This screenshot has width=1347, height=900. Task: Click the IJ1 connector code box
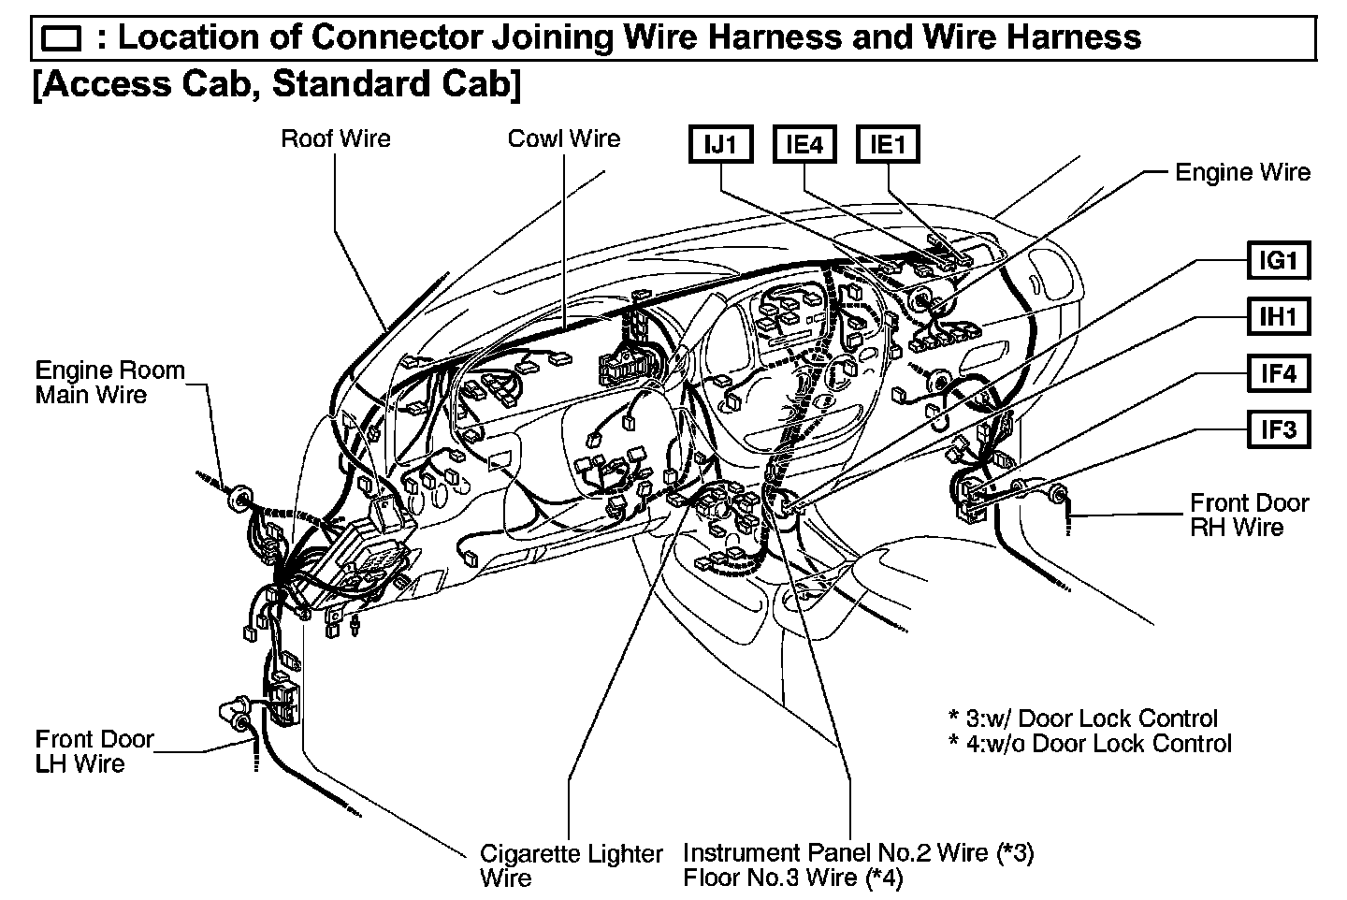(x=721, y=145)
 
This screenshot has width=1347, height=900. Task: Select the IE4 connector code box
(x=804, y=145)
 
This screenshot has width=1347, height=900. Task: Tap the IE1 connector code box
(x=887, y=145)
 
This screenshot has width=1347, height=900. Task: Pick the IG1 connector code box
(x=1279, y=260)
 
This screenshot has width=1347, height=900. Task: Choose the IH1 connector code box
(x=1279, y=317)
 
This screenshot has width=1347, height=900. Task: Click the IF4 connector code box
(x=1279, y=374)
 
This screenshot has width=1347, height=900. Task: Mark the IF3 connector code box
(x=1279, y=430)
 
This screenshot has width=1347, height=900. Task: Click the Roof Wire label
(x=336, y=139)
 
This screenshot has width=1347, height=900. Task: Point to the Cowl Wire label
(x=564, y=139)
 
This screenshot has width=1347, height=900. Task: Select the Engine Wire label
(x=1242, y=172)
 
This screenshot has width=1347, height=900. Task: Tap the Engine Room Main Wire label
(x=110, y=383)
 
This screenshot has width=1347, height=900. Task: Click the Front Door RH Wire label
(x=1249, y=515)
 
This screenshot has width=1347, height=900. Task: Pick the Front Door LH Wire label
(x=94, y=751)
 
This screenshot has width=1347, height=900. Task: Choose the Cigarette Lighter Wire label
(x=571, y=865)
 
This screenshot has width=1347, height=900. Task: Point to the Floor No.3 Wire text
(x=791, y=878)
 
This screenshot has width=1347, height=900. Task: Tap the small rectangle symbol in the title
(x=63, y=39)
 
